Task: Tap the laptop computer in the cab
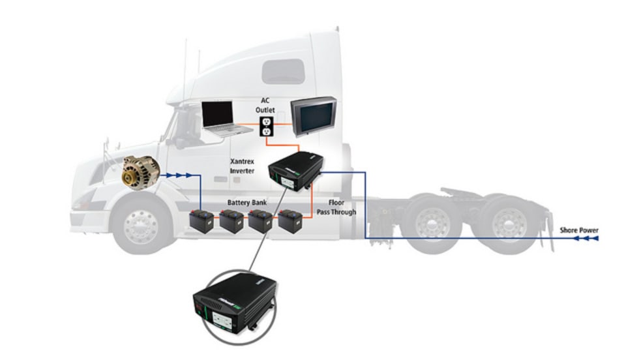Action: click(222, 119)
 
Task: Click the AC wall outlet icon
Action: click(266, 127)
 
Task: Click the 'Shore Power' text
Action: click(578, 230)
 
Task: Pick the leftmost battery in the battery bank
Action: click(202, 221)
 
